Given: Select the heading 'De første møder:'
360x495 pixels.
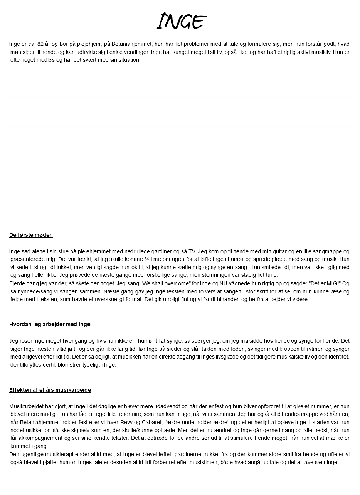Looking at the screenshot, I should (x=31, y=235).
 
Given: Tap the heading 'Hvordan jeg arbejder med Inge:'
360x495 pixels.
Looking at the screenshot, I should (x=51, y=324).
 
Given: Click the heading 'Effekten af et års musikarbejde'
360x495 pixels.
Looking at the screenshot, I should (x=50, y=390).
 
